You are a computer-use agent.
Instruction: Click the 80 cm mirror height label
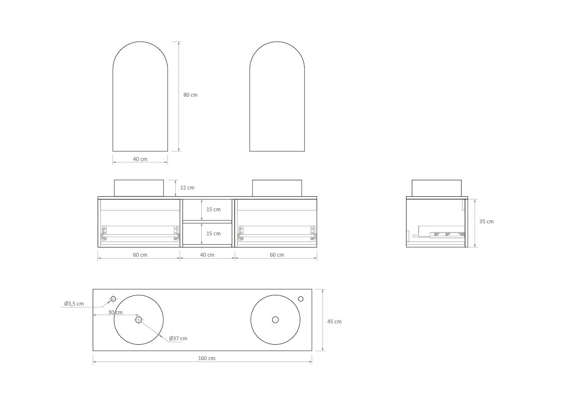pyautogui.click(x=190, y=95)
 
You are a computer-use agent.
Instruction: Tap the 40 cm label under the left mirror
pyautogui.click(x=140, y=159)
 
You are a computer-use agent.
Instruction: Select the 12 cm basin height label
pyautogui.click(x=187, y=188)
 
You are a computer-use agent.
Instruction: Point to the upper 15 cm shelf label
pyautogui.click(x=213, y=209)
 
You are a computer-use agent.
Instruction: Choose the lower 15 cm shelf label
pyautogui.click(x=213, y=233)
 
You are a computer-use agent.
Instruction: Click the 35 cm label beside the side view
pyautogui.click(x=486, y=221)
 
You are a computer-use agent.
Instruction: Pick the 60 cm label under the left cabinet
pyautogui.click(x=140, y=255)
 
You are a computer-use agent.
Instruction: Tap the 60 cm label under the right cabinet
pyautogui.click(x=277, y=255)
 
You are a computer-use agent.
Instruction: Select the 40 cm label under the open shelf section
pyautogui.click(x=207, y=255)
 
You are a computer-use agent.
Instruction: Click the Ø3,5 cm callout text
pyautogui.click(x=74, y=304)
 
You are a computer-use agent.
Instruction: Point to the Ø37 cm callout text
pyautogui.click(x=178, y=338)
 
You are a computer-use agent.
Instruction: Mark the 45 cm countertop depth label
pyautogui.click(x=334, y=321)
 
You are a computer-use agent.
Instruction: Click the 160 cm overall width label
pyautogui.click(x=207, y=358)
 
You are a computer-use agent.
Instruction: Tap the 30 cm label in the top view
pyautogui.click(x=115, y=312)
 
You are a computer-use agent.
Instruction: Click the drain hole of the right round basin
pyautogui.click(x=275, y=320)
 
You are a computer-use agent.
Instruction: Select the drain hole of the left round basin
pyautogui.click(x=139, y=320)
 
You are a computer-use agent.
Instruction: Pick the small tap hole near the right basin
pyautogui.click(x=301, y=299)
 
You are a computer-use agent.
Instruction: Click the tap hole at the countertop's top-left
pyautogui.click(x=113, y=298)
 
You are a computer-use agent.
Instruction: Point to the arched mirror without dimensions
pyautogui.click(x=277, y=97)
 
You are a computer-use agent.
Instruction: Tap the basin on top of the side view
pyautogui.click(x=436, y=188)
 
